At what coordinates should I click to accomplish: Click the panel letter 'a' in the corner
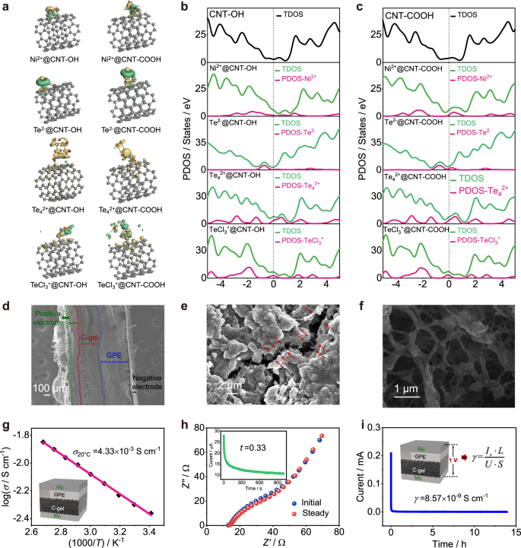[x=7, y=6]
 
